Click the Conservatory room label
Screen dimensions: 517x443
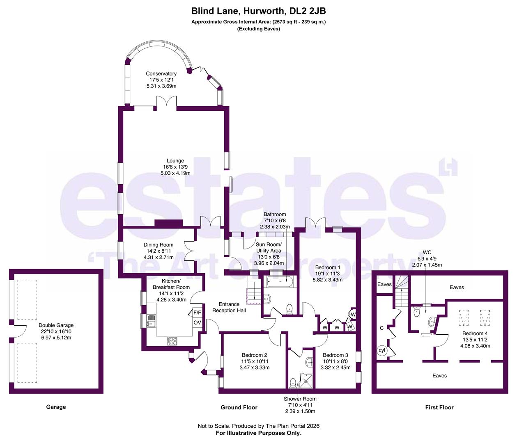(x=161, y=74)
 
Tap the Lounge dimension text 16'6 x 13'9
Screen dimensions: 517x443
(x=175, y=167)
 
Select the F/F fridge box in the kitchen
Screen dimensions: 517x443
(x=197, y=313)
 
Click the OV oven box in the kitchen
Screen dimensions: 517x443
(x=197, y=322)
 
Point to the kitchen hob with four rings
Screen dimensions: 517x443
(x=172, y=341)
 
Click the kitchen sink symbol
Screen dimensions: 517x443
(x=151, y=321)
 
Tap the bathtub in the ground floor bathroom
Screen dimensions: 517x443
(x=280, y=281)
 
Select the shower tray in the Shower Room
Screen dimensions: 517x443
(x=306, y=381)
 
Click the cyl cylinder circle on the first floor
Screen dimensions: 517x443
(x=381, y=350)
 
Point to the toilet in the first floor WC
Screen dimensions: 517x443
(x=416, y=312)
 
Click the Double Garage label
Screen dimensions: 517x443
(x=56, y=325)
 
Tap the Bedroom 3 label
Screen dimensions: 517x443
(x=335, y=355)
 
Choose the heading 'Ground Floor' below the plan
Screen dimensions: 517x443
(x=239, y=408)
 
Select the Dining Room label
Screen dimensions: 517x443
(x=159, y=245)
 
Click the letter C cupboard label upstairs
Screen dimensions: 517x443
(x=381, y=328)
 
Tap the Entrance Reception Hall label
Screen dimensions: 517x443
(x=229, y=307)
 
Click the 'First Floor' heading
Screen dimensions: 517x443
(x=439, y=408)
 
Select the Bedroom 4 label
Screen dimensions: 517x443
(x=475, y=333)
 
